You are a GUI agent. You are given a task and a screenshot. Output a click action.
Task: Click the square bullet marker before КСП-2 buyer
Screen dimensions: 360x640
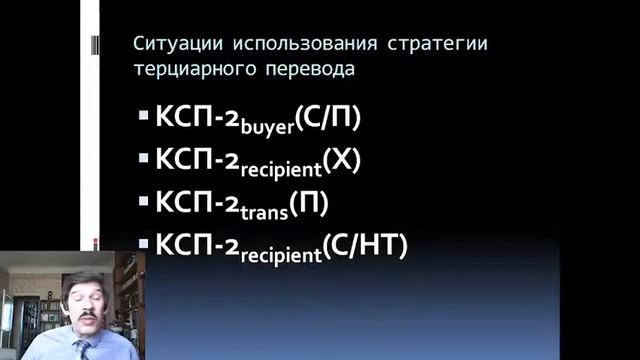point(143,117)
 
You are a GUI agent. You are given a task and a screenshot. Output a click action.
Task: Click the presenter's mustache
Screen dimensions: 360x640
point(86,319)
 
